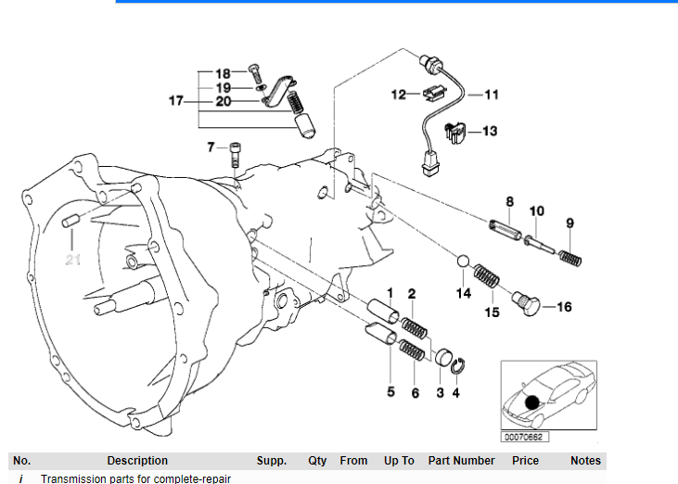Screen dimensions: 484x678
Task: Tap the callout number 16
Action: tap(564, 307)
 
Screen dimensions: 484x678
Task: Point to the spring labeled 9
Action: tap(572, 245)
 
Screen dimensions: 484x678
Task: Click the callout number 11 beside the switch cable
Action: tap(491, 95)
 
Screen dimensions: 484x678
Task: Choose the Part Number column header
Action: tap(461, 461)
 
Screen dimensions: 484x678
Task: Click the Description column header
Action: tap(137, 461)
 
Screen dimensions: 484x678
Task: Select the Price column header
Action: tap(525, 461)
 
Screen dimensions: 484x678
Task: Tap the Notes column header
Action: tap(585, 461)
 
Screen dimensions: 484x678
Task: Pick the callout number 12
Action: tap(398, 94)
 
